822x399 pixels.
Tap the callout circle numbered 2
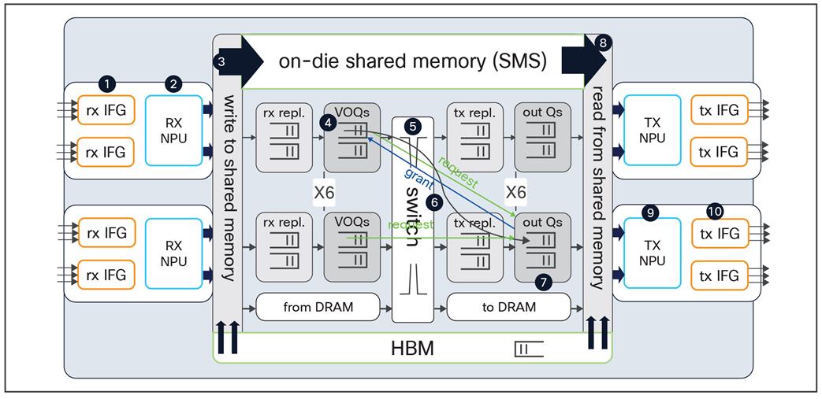pos(175,83)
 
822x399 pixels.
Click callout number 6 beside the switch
pos(432,201)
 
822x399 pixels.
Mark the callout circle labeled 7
pos(541,279)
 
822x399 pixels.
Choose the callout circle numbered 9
pos(650,212)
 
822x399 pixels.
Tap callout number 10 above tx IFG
pos(715,212)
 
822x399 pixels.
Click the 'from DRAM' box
pos(318,307)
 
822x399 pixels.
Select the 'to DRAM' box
pos(508,307)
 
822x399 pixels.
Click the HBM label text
pos(412,347)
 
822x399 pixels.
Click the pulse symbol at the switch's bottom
pos(412,282)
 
